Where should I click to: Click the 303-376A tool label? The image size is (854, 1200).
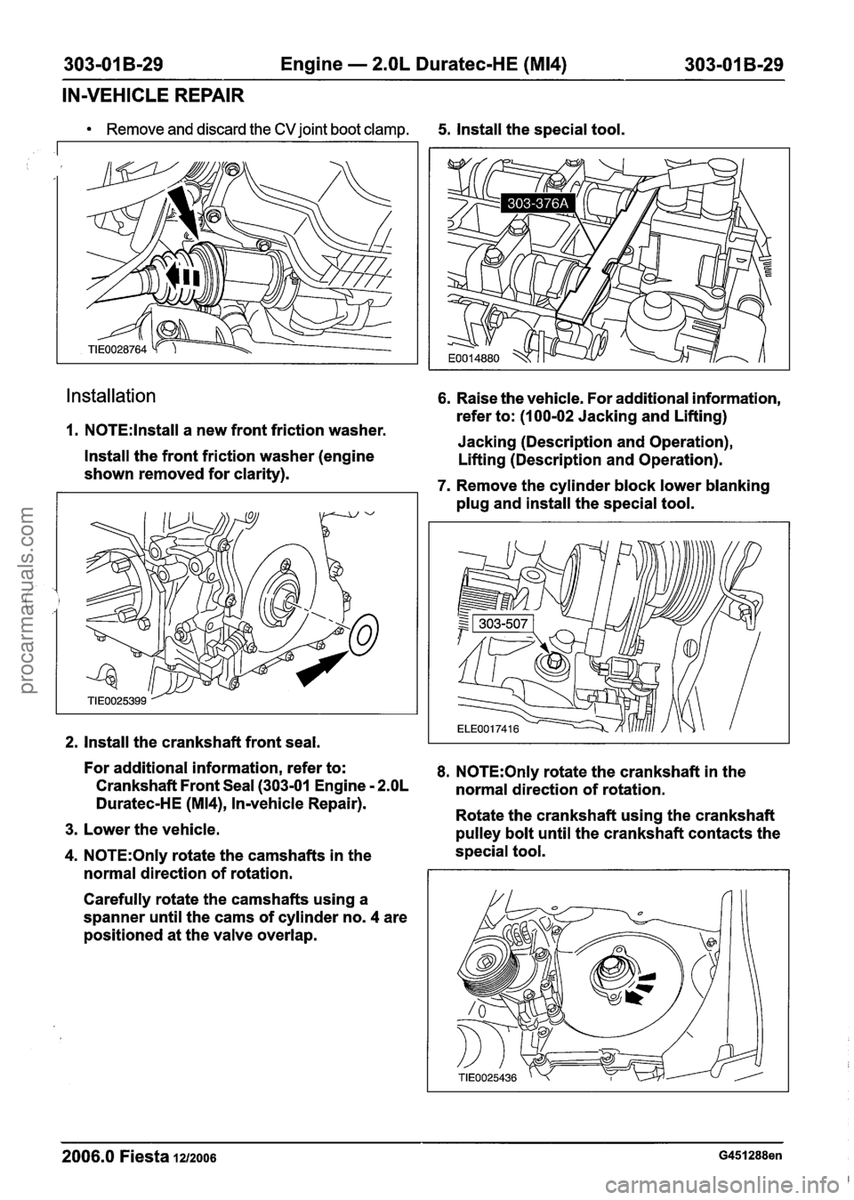tap(539, 205)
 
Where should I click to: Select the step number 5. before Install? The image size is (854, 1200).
tap(445, 130)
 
